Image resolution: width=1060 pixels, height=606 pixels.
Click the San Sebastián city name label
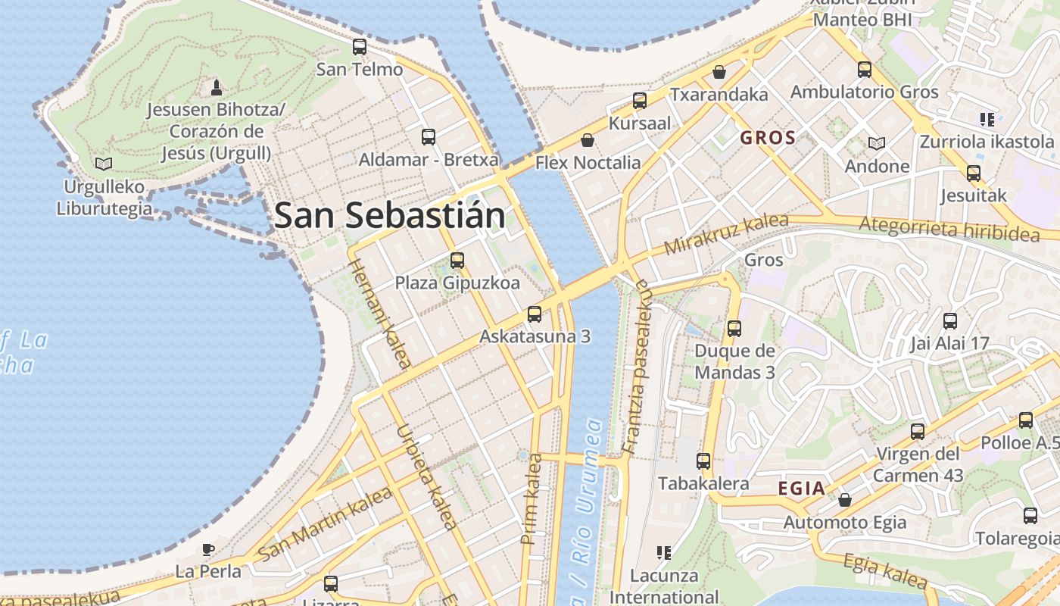coord(389,216)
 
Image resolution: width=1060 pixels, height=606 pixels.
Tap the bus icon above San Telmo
coord(360,47)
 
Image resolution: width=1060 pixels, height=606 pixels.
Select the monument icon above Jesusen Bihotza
coord(217,87)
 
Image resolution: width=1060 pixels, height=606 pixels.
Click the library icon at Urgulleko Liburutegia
coord(104,164)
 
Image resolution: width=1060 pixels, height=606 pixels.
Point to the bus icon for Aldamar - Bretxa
coord(429,137)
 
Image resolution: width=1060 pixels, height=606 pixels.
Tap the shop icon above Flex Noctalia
coord(588,140)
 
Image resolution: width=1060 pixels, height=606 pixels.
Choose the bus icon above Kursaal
coord(640,101)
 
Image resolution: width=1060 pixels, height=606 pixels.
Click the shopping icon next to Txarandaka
coord(719,72)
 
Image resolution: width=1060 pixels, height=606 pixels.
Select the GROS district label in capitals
coord(768,138)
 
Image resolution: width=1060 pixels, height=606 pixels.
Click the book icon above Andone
coord(877,143)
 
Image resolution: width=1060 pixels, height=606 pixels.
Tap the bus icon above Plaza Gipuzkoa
coord(457,261)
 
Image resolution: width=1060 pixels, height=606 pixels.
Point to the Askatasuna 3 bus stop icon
coord(535,314)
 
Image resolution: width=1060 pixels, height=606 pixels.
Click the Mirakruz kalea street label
coord(726,234)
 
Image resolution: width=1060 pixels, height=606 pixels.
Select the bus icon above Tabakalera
coord(703,461)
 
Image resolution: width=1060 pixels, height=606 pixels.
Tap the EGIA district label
coord(802,489)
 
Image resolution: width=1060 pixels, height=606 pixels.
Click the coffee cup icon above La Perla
coord(208,549)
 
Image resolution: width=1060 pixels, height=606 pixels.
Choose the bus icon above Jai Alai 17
coord(950,321)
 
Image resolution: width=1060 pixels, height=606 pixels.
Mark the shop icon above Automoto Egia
coord(845,500)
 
